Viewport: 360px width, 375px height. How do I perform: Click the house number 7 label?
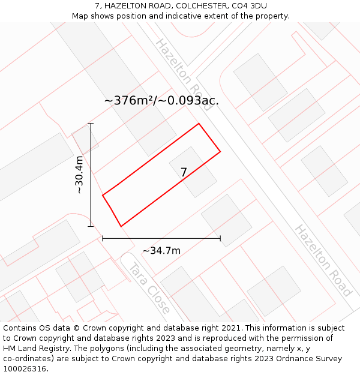184,173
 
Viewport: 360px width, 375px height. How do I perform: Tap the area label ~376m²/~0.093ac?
161,100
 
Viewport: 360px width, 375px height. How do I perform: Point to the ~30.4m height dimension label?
79,175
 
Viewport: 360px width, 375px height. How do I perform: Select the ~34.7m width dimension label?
161,250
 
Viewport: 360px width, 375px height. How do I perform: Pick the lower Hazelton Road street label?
323,260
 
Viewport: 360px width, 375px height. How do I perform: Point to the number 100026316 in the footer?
24,368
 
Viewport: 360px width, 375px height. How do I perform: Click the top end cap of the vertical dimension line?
91,124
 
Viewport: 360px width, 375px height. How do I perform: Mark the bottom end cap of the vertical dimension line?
91,226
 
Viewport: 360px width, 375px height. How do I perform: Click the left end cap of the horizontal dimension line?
103,238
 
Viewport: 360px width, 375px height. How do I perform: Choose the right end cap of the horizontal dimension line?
220,238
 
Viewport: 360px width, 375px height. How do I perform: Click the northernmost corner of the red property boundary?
199,124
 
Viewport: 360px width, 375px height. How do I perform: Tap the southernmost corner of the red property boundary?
121,226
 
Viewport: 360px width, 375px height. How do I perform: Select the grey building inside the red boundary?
193,172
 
